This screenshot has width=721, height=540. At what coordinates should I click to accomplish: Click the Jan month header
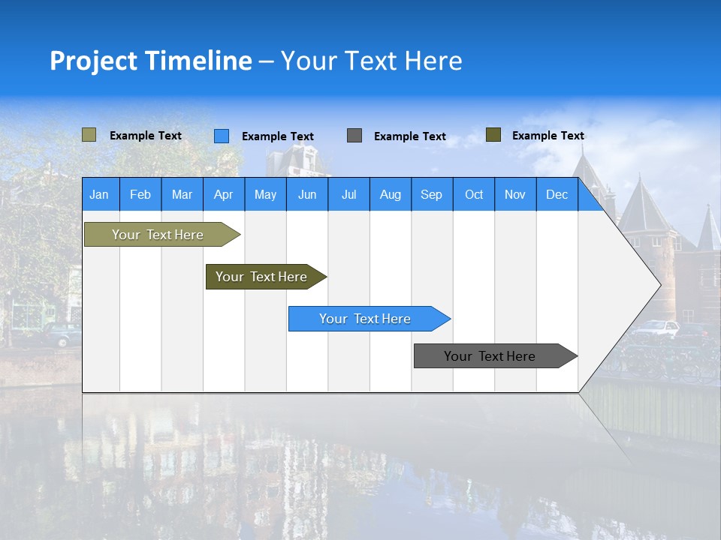(x=100, y=194)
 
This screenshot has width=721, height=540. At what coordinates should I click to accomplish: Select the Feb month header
(x=140, y=194)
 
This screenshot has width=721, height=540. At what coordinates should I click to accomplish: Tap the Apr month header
(x=224, y=194)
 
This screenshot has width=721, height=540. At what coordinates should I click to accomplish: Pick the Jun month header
(x=307, y=194)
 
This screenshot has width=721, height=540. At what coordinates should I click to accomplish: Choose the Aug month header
(x=391, y=194)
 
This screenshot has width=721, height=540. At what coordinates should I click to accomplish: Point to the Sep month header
(x=432, y=194)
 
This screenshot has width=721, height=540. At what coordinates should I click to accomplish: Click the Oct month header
(x=474, y=194)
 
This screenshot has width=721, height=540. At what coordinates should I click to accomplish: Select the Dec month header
(x=557, y=194)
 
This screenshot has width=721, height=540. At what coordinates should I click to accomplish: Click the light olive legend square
(x=89, y=135)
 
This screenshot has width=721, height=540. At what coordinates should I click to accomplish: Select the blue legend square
(x=222, y=136)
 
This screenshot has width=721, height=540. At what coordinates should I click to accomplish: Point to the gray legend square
(x=354, y=136)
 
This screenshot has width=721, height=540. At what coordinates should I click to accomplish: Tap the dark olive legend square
(x=493, y=135)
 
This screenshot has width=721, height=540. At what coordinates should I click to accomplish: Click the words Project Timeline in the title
(x=151, y=61)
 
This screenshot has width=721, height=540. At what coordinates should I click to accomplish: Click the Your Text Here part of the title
(x=372, y=61)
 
